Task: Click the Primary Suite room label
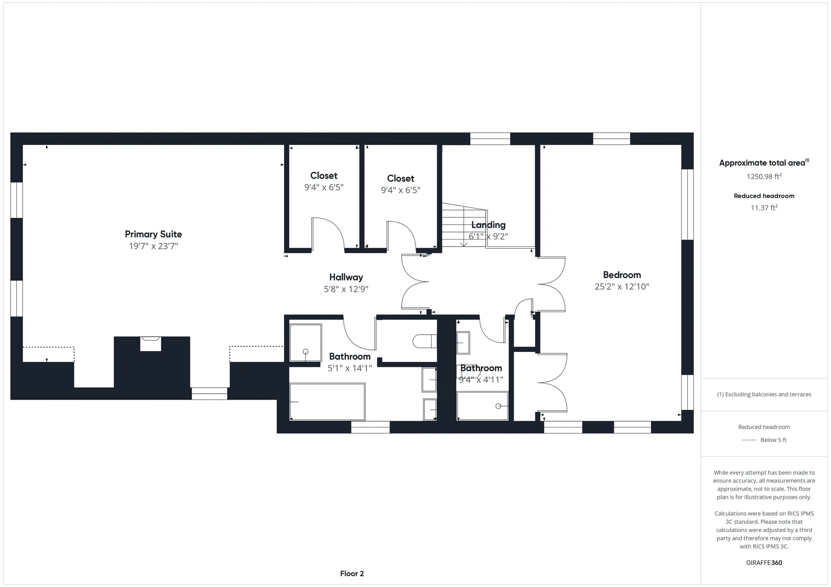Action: click(153, 234)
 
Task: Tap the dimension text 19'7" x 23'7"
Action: click(153, 246)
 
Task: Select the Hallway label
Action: click(346, 278)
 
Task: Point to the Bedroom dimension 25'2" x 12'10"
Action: click(622, 287)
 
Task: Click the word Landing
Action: click(488, 225)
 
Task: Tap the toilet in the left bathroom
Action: click(424, 341)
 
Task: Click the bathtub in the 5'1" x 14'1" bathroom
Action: click(327, 402)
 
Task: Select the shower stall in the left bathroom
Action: click(306, 343)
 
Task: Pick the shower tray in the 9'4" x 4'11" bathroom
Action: click(483, 405)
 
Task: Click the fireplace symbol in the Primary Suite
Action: click(151, 344)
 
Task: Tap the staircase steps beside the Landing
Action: click(464, 225)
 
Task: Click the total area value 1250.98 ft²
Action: click(764, 176)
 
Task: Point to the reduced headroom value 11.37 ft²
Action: click(764, 208)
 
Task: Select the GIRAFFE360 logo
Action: click(764, 563)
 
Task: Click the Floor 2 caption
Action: click(352, 574)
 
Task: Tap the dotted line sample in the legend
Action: click(748, 440)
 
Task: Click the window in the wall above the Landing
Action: click(490, 139)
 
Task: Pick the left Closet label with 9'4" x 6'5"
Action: click(324, 175)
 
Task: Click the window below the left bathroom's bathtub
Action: click(370, 427)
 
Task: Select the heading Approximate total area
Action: click(762, 163)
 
